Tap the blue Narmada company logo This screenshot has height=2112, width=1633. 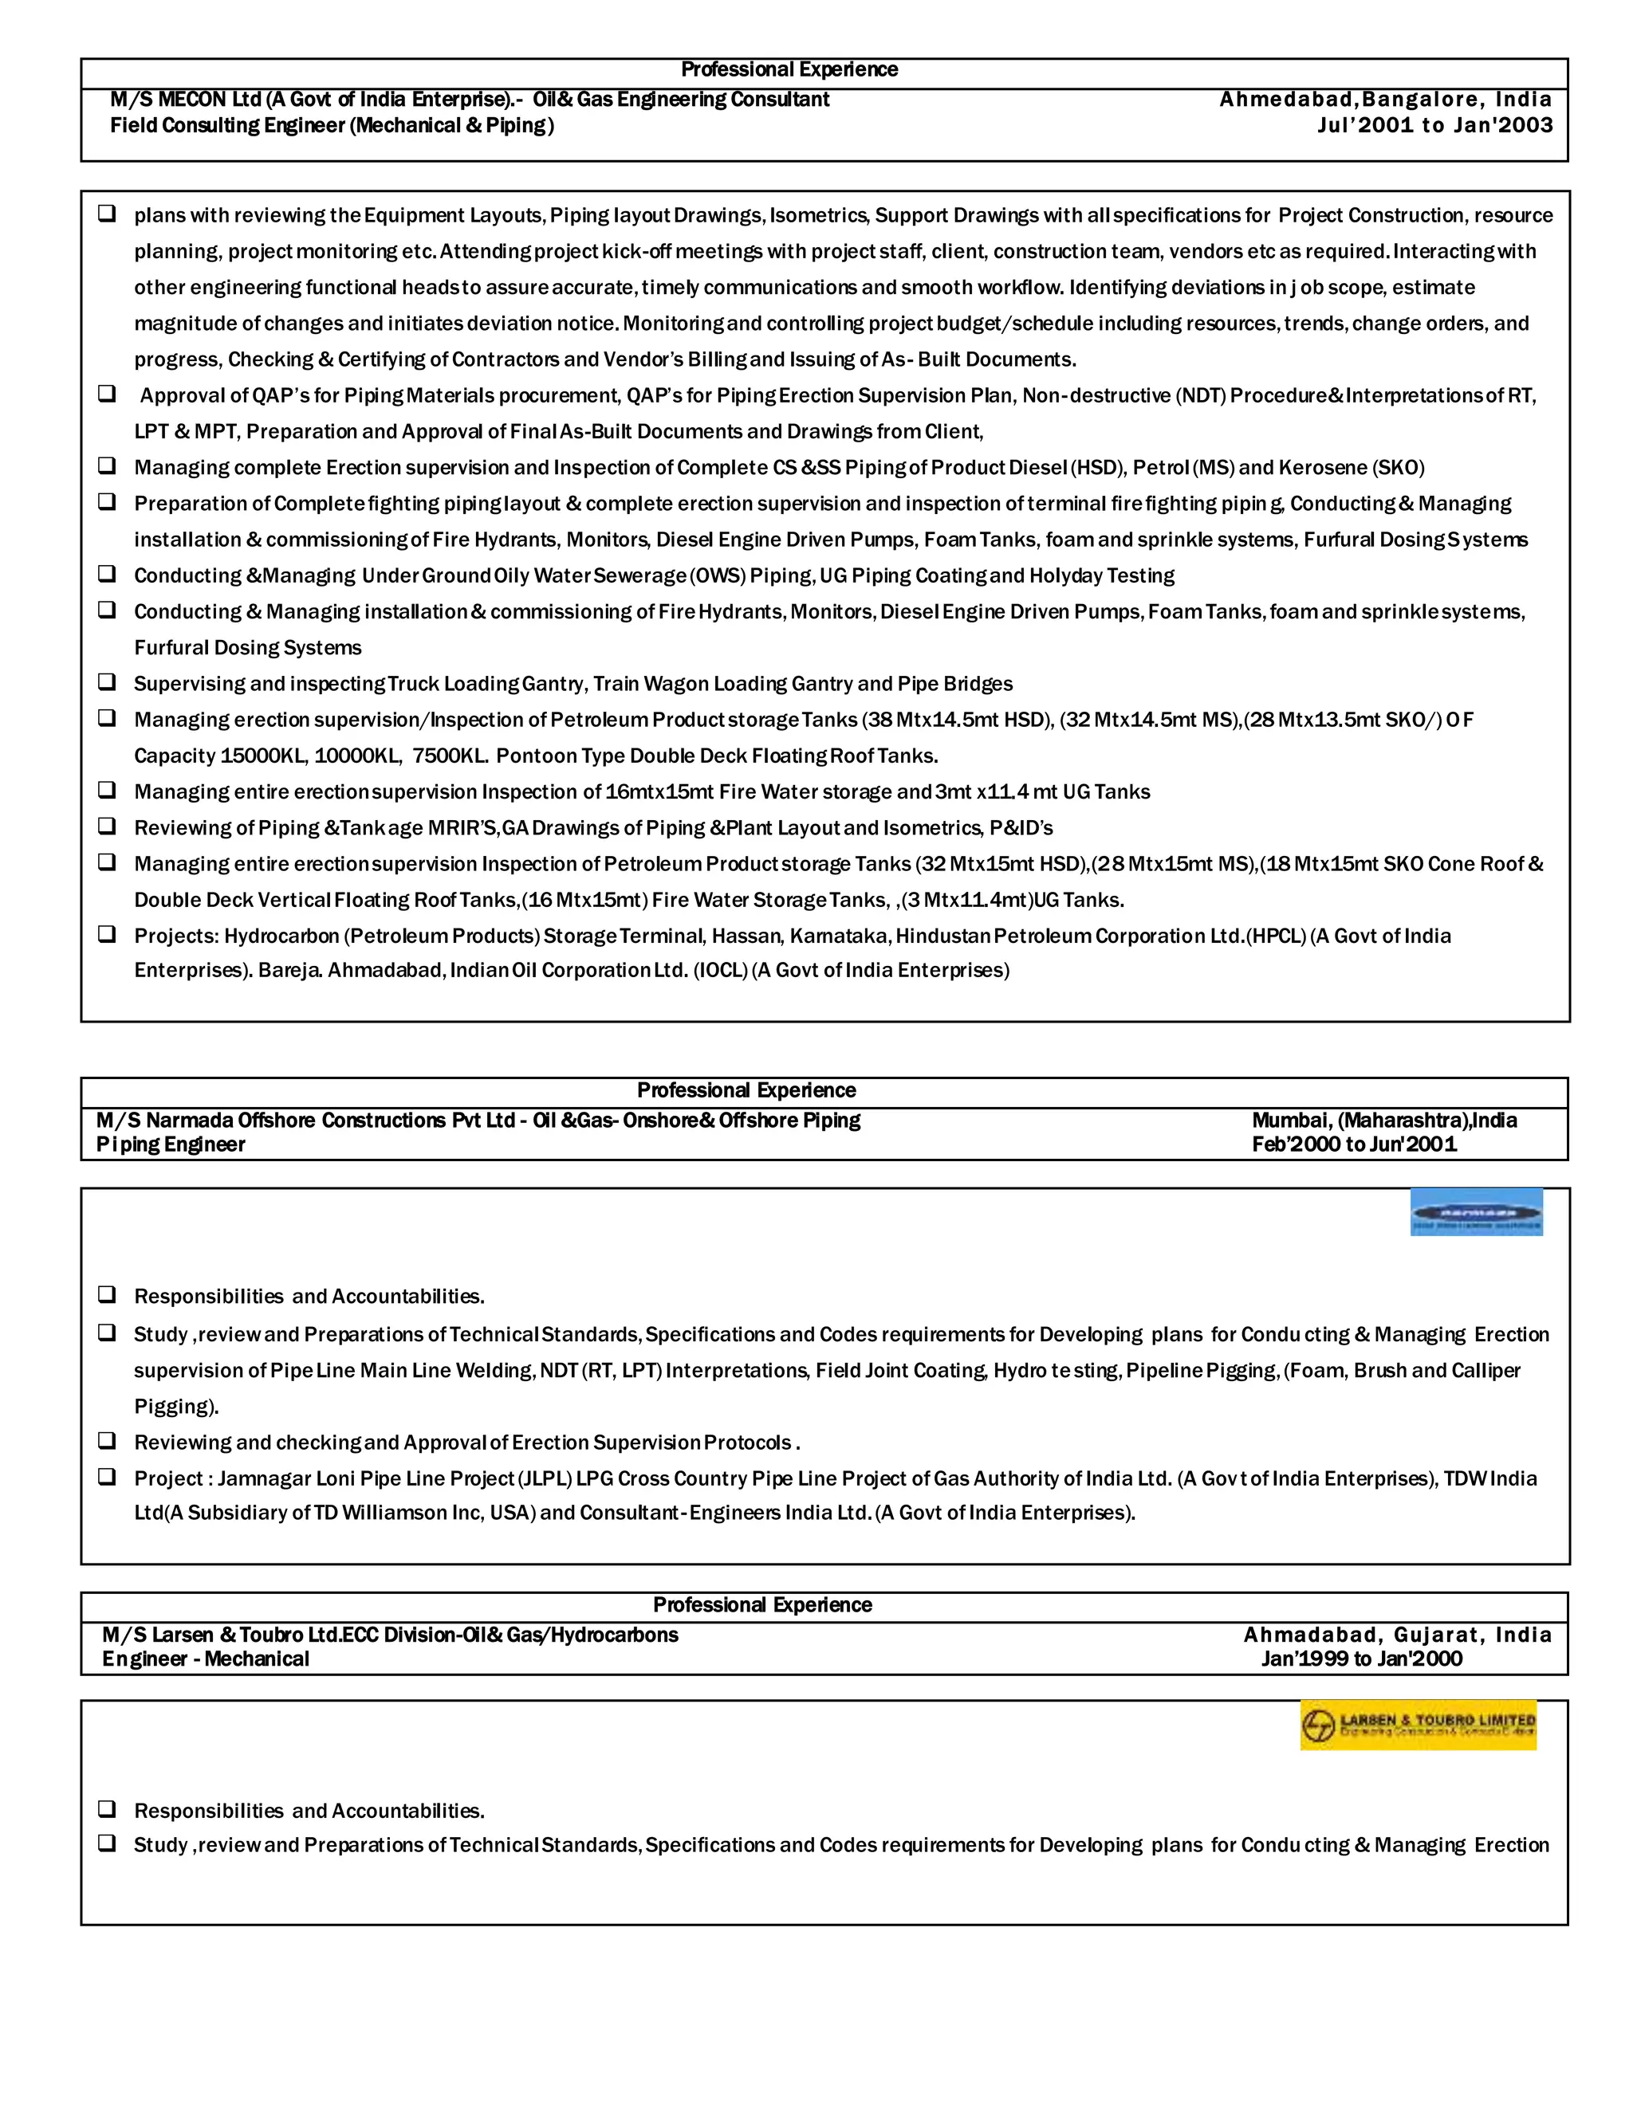tap(1475, 1211)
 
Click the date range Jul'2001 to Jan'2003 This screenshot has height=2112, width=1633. tap(1434, 125)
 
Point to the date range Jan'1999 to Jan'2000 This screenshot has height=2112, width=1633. tap(1361, 1659)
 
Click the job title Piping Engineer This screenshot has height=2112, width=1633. tap(171, 1145)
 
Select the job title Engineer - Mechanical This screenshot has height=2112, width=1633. tap(206, 1659)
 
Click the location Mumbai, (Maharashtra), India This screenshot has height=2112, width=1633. tap(1383, 1120)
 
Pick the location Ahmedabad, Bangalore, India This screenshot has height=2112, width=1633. tap(1385, 100)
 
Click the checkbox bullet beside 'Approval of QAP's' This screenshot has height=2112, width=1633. tap(106, 395)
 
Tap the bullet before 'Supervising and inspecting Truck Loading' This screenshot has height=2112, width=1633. tap(106, 683)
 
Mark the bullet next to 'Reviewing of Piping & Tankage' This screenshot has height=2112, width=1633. tap(106, 826)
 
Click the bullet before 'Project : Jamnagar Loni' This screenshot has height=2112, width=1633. tap(106, 1478)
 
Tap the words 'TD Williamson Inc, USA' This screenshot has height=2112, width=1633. tap(425, 1513)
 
